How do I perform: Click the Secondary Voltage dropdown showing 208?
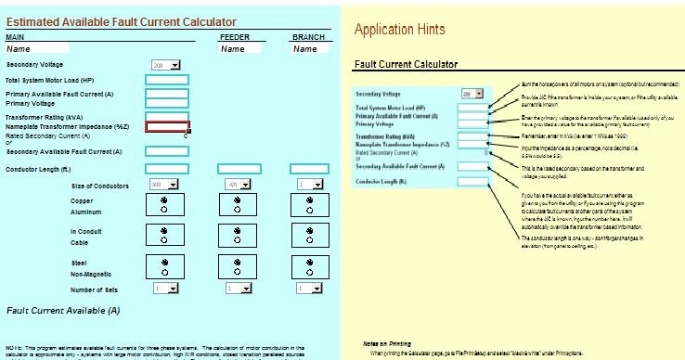166,65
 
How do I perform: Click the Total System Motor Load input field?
167,80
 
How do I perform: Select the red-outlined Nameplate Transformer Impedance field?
167,127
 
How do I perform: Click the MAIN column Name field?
37,49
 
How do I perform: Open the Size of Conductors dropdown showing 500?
163,185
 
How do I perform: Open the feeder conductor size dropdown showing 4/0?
238,185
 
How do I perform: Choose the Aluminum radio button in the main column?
164,211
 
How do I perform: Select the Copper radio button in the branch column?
310,200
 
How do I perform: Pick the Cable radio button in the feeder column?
238,240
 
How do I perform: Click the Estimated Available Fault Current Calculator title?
121,21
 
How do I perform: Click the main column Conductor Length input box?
167,168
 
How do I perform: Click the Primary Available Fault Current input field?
167,93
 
